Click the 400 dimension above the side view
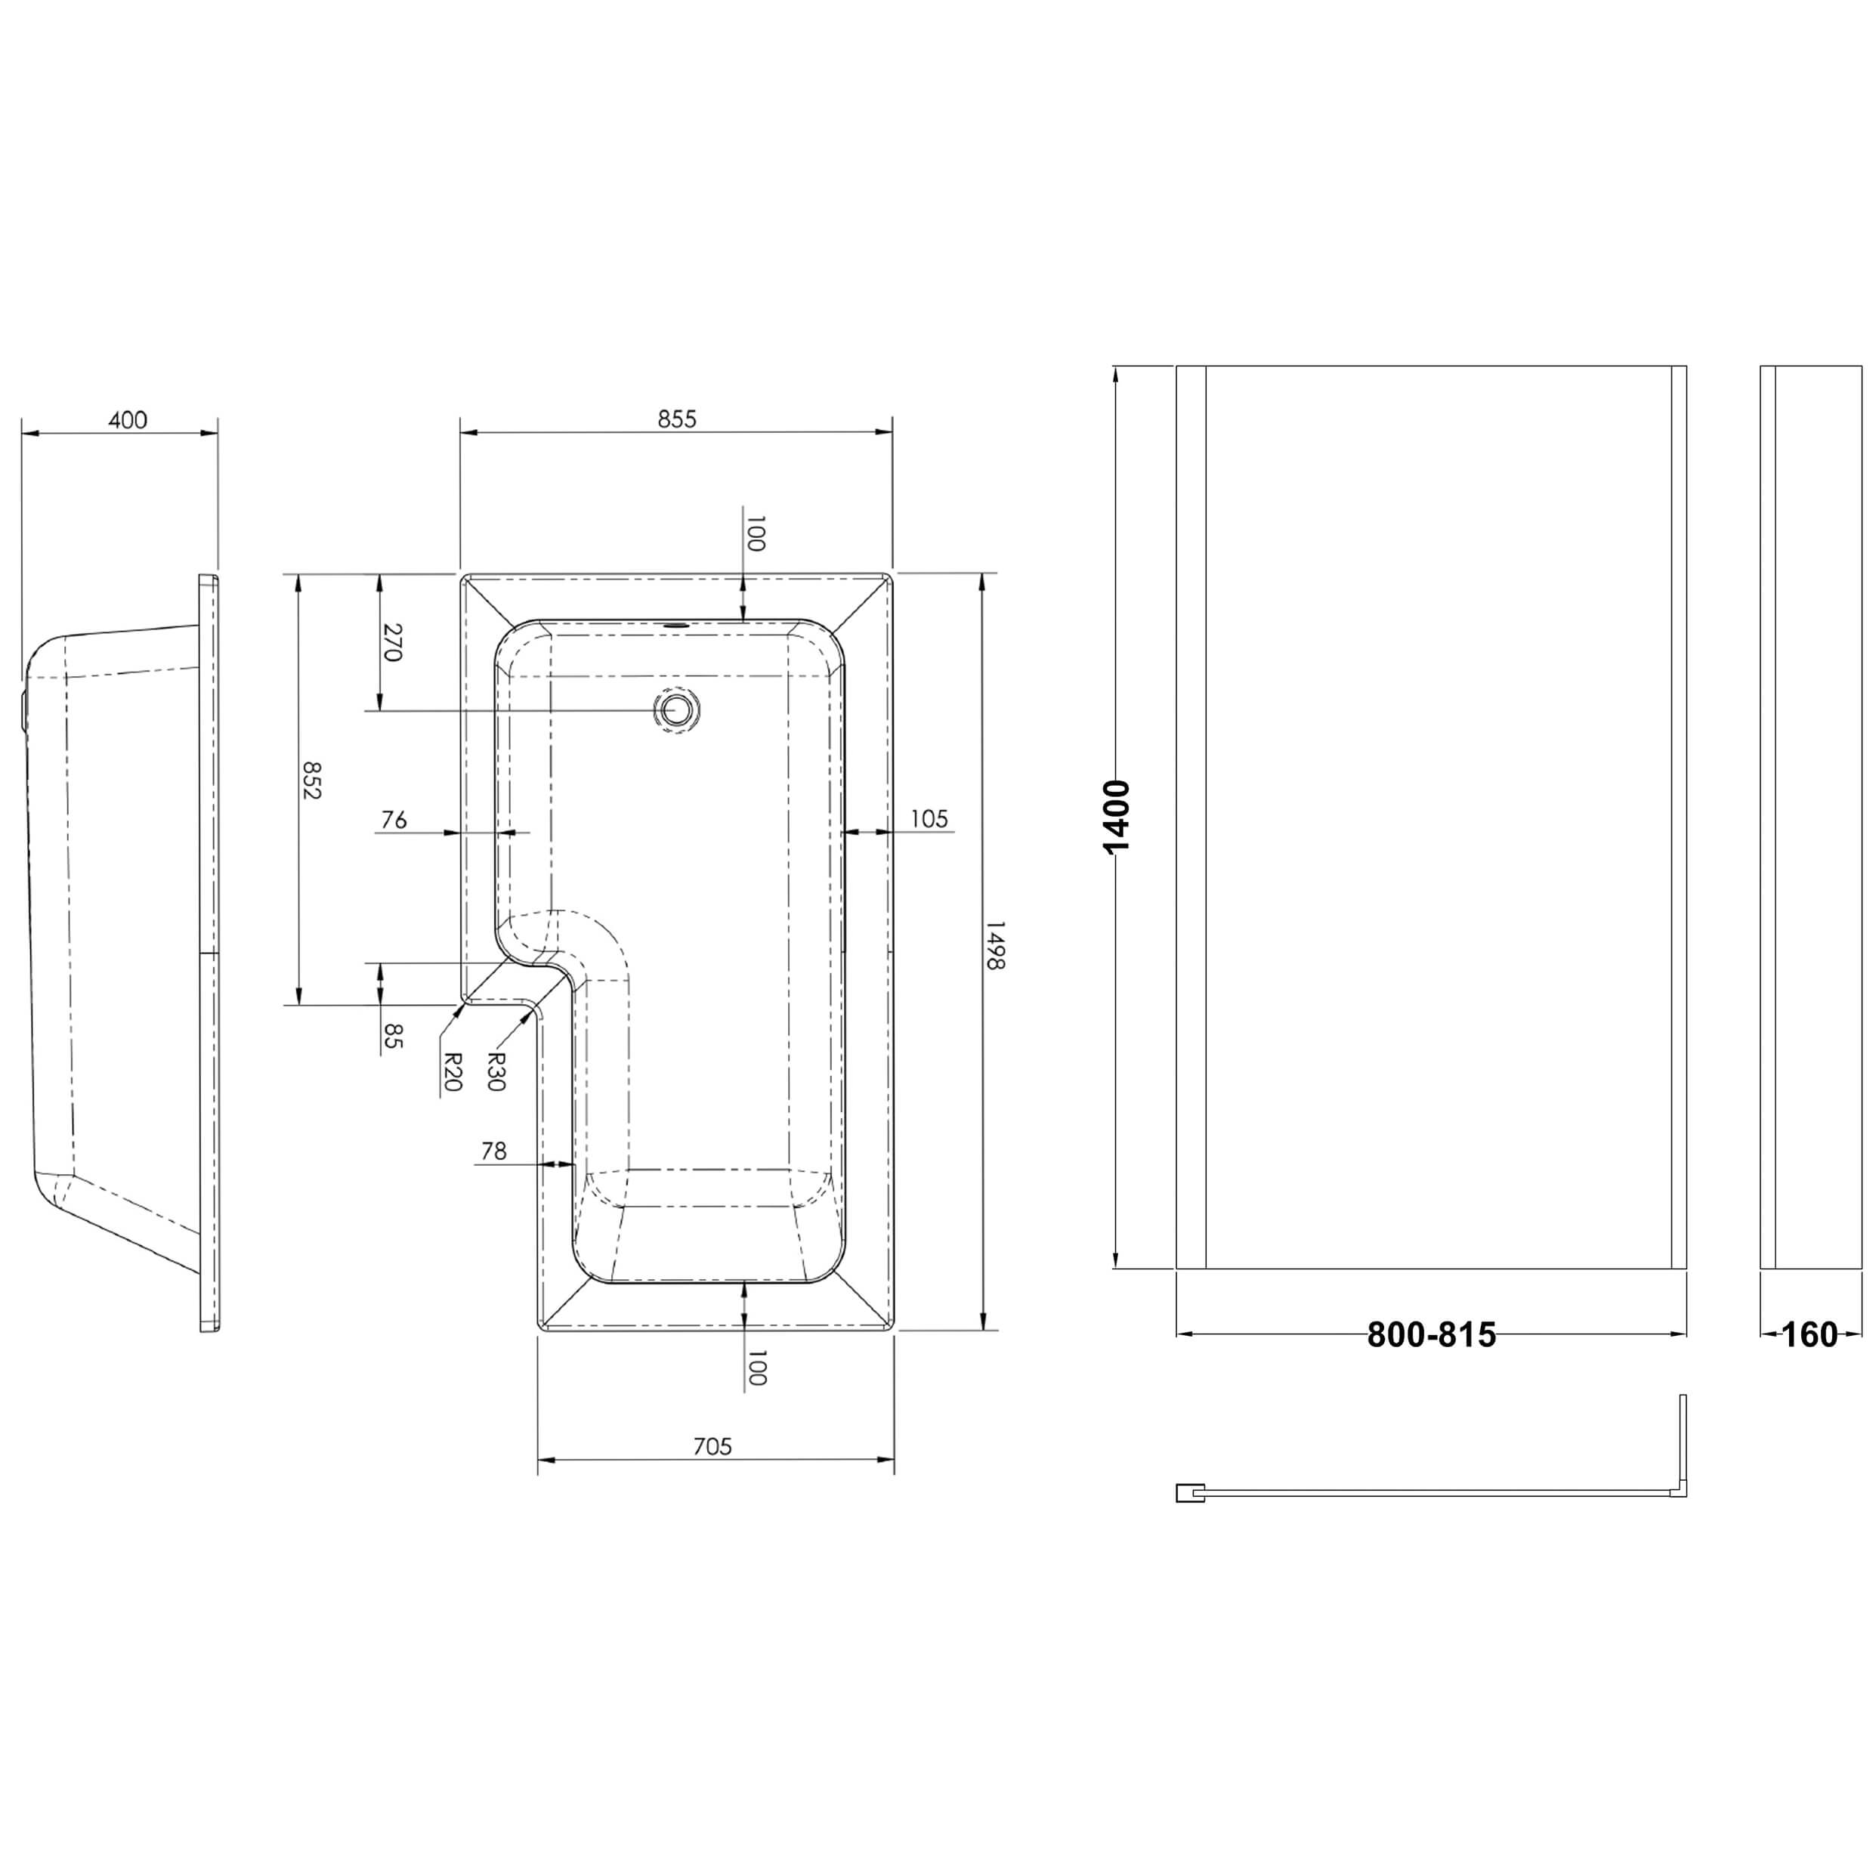[127, 420]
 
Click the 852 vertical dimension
[311, 780]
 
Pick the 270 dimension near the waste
[391, 641]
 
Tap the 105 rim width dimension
[928, 819]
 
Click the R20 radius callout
[451, 1072]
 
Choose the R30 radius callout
[496, 1072]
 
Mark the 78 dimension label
[493, 1151]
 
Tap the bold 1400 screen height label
[1117, 816]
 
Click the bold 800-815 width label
[1431, 1336]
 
